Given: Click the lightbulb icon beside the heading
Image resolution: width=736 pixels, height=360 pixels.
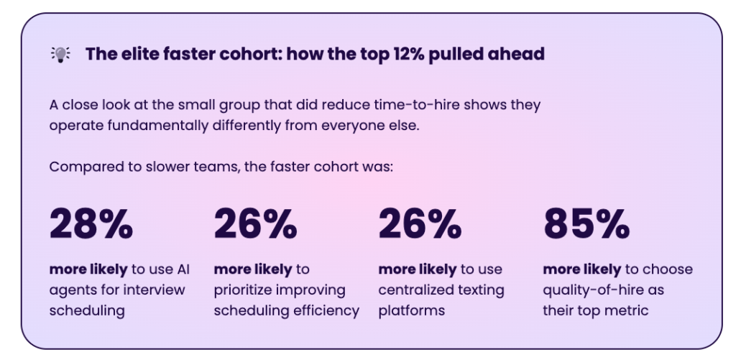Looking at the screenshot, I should click(x=60, y=54).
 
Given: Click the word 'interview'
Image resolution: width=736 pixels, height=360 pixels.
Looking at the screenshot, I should click(x=159, y=290).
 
